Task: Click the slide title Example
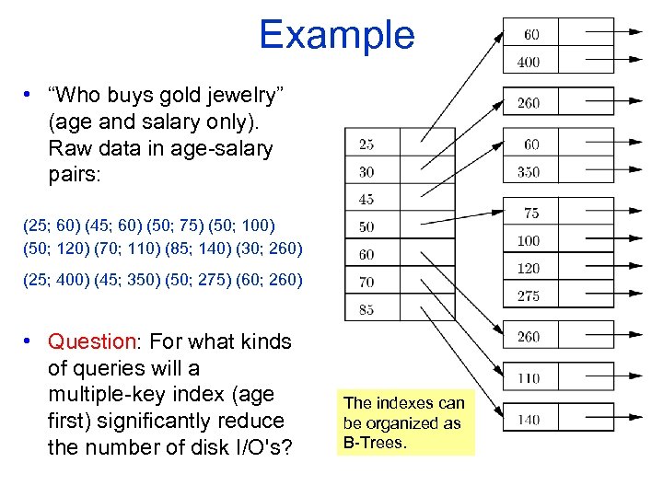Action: pos(336,35)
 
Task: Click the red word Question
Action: pos(91,342)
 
